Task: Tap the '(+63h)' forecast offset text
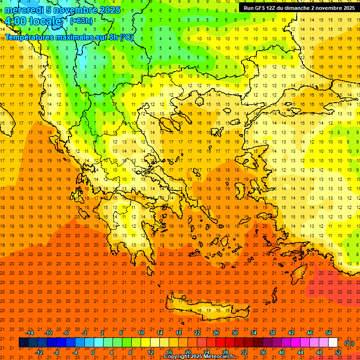[81, 21]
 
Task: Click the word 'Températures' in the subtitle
[29, 37]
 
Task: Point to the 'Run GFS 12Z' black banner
[299, 8]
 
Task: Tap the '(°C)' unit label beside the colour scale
[349, 343]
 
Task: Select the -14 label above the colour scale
[30, 332]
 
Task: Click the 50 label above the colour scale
[329, 332]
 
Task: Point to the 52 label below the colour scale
[338, 352]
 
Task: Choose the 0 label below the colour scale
[93, 352]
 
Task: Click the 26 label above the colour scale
[216, 332]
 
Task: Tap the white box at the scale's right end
[333, 343]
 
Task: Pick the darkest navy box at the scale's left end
[24, 343]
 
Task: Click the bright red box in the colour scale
[221, 343]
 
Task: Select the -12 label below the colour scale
[39, 352]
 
